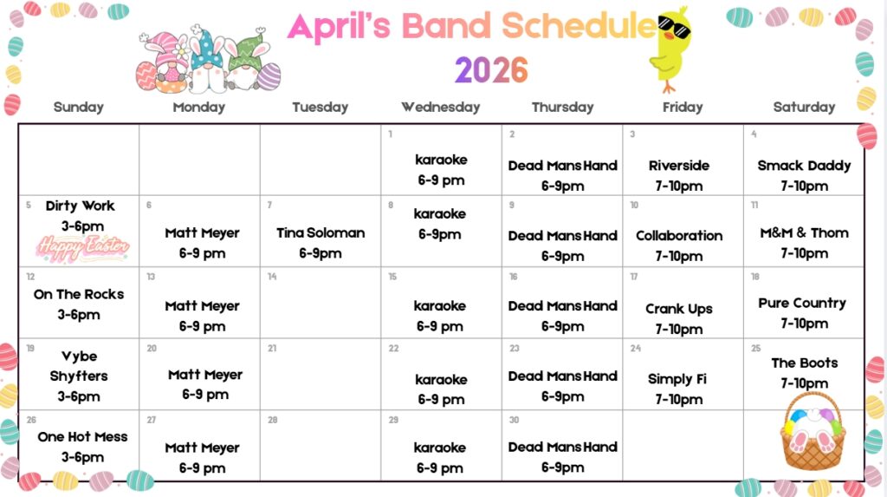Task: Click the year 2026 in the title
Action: (491, 70)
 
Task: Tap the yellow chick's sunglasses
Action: (674, 27)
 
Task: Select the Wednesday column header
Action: (441, 107)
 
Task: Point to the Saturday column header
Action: (804, 107)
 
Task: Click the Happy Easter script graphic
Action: (83, 248)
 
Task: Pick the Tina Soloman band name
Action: (320, 233)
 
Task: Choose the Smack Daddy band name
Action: (804, 166)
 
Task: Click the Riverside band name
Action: (679, 166)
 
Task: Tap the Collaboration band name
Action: (679, 236)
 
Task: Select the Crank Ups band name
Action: (679, 309)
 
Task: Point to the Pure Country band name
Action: (802, 304)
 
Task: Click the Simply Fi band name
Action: (677, 378)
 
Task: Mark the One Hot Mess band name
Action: (82, 436)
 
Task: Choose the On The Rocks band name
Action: (79, 294)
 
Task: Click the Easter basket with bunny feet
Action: (813, 432)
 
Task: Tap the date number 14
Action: (272, 277)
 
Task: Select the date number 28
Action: (273, 420)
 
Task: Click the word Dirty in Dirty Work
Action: (62, 206)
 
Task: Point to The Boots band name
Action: (805, 363)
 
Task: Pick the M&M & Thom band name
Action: (804, 233)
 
